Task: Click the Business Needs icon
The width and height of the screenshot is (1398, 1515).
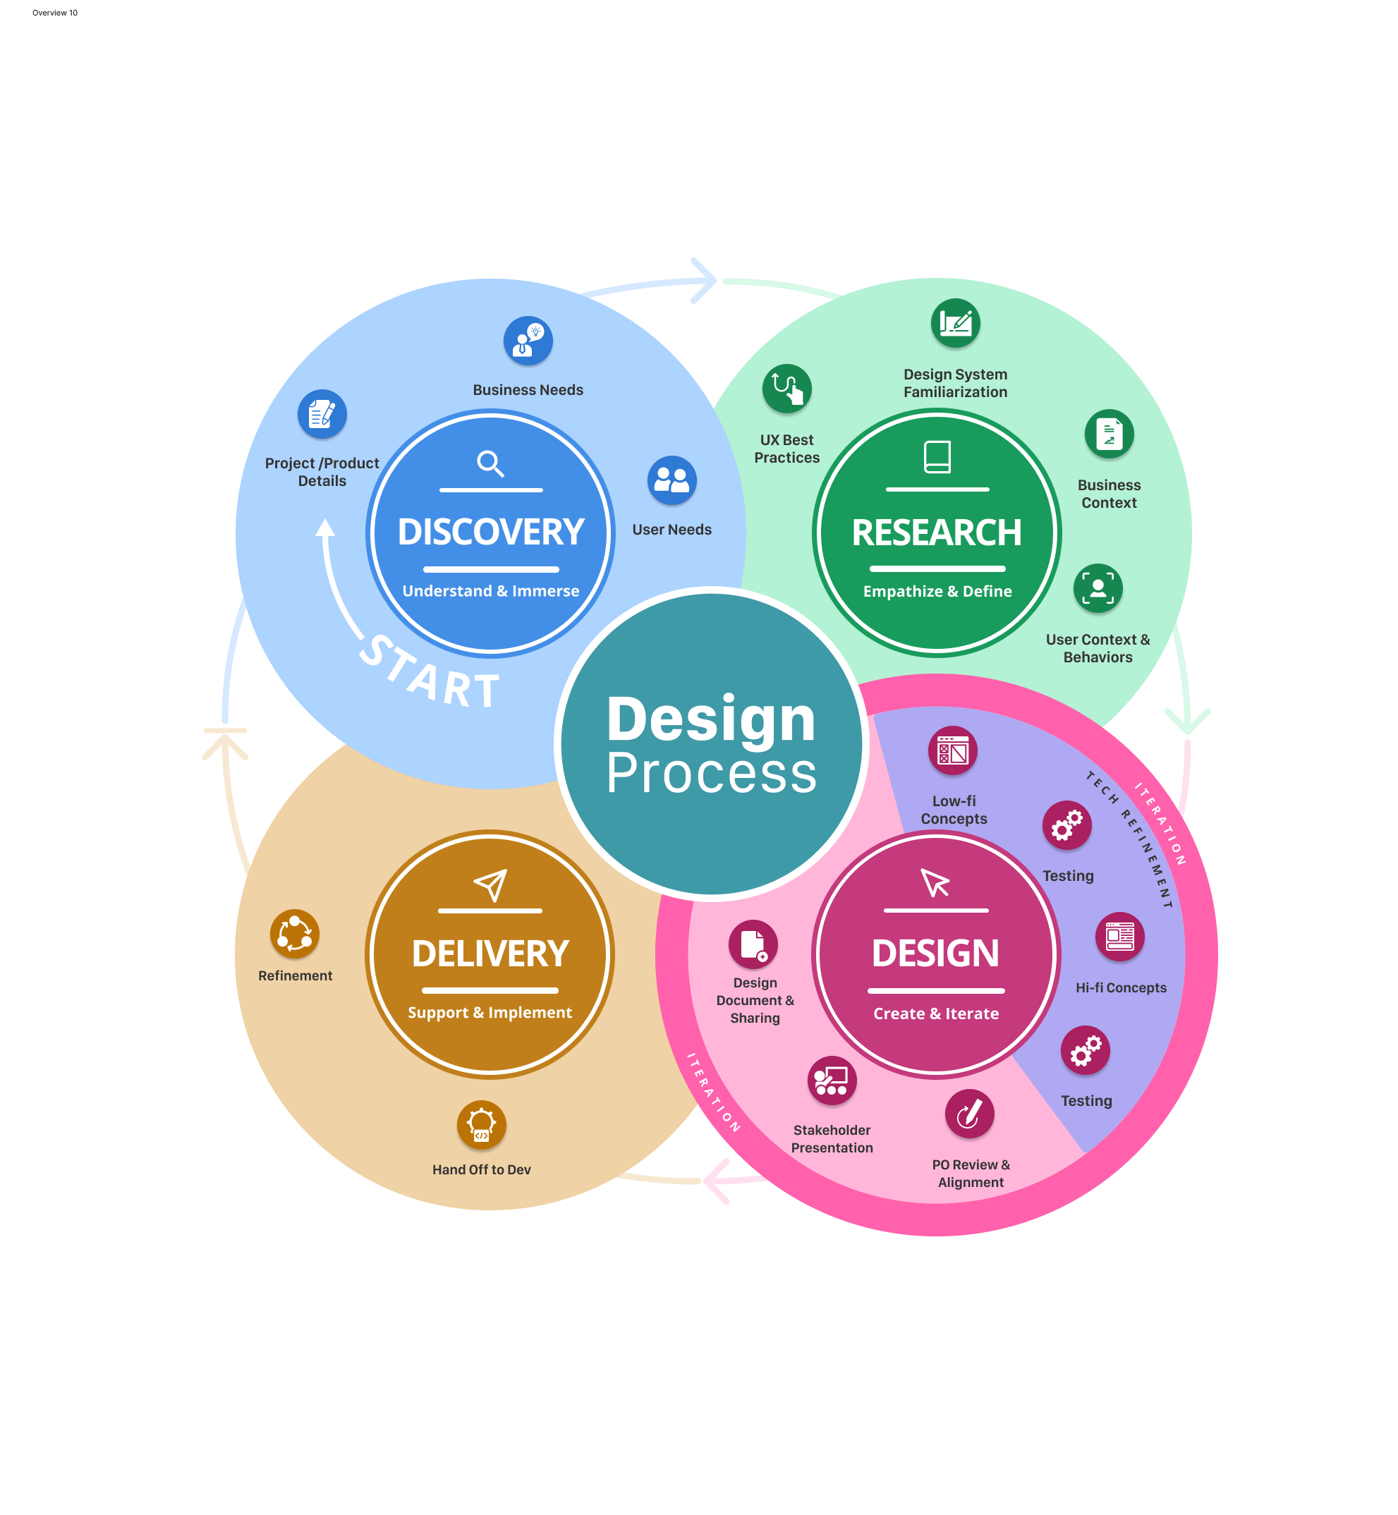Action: point(528,341)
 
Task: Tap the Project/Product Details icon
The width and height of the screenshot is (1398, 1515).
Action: point(322,414)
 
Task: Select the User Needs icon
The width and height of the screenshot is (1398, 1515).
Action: point(671,480)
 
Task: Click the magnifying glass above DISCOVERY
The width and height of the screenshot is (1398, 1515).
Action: point(490,463)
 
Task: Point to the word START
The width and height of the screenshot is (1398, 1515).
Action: point(429,673)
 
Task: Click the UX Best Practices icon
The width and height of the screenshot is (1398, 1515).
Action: point(786,389)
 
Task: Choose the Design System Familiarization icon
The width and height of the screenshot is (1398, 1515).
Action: point(956,323)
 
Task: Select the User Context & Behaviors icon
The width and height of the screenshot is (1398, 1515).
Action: point(1098,588)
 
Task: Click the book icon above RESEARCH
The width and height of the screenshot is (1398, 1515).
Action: point(937,457)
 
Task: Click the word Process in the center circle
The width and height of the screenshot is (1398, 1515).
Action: point(711,773)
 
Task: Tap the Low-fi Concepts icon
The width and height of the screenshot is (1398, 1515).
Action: point(952,751)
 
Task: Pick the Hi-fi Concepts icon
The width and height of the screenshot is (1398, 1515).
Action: point(1119,937)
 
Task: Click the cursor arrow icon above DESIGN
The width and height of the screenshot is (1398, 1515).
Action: point(935,882)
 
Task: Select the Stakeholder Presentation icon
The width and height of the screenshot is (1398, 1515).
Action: point(832,1080)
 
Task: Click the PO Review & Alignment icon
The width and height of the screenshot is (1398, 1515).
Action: point(969,1114)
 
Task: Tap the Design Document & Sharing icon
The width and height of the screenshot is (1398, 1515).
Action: point(753,944)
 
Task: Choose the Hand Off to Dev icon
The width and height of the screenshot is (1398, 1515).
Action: point(481,1125)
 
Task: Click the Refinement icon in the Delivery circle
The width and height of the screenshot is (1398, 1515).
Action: point(294,933)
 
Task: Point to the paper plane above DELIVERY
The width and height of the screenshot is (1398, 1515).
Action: point(490,884)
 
